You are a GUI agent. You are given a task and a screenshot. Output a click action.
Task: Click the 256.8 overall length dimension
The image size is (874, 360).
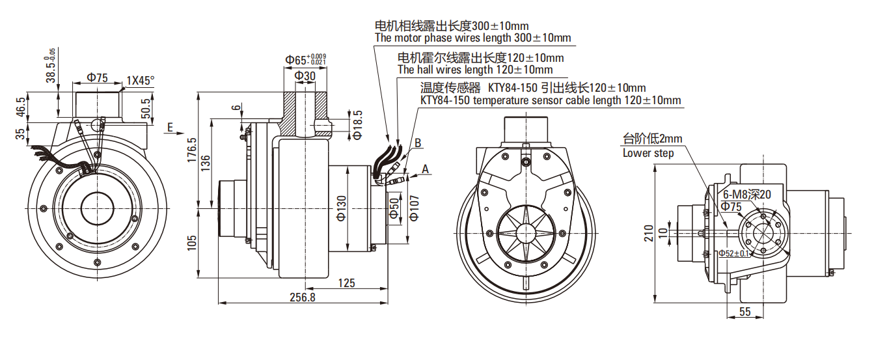tap(303, 298)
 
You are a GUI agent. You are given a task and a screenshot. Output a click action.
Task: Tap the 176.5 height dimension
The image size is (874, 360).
tap(192, 150)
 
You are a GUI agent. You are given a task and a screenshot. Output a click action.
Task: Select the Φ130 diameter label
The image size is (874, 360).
tap(342, 208)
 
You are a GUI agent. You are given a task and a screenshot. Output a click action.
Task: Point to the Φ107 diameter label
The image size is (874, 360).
tap(414, 208)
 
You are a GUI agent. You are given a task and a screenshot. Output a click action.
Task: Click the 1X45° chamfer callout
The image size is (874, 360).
tap(141, 81)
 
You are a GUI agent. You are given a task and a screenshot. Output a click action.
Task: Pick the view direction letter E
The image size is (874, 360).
tap(170, 128)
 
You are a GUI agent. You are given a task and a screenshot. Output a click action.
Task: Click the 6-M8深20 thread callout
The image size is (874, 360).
tap(747, 195)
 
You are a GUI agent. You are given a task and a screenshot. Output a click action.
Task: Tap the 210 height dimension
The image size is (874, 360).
tap(648, 233)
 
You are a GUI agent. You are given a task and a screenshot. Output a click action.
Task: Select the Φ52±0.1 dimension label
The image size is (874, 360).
tap(734, 253)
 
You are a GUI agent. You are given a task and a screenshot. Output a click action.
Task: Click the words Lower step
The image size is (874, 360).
tap(648, 153)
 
